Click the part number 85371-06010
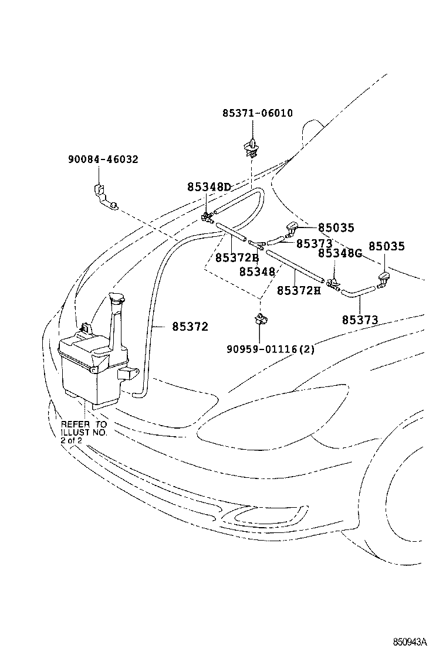coord(257,113)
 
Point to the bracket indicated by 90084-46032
coord(104,196)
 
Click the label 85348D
coord(209,187)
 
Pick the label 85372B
coord(236,257)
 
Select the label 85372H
coord(299,290)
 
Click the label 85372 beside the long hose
coord(190,326)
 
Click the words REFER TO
coord(84,424)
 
